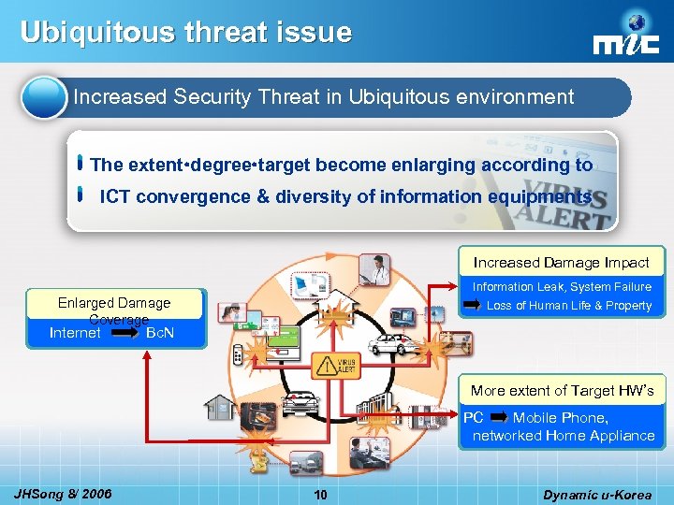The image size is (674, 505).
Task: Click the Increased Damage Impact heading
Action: pos(561,263)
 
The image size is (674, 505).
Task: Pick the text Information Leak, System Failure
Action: pos(562,287)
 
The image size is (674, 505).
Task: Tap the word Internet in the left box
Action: pos(75,332)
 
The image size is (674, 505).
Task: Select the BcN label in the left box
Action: pos(161,332)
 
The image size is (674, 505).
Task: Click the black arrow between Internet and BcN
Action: pos(123,332)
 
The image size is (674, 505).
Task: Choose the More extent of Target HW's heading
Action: pos(562,391)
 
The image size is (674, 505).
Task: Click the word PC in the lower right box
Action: pos(474,418)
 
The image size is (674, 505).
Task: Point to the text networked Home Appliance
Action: pos(564,436)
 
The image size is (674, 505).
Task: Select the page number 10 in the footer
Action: pos(320,495)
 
